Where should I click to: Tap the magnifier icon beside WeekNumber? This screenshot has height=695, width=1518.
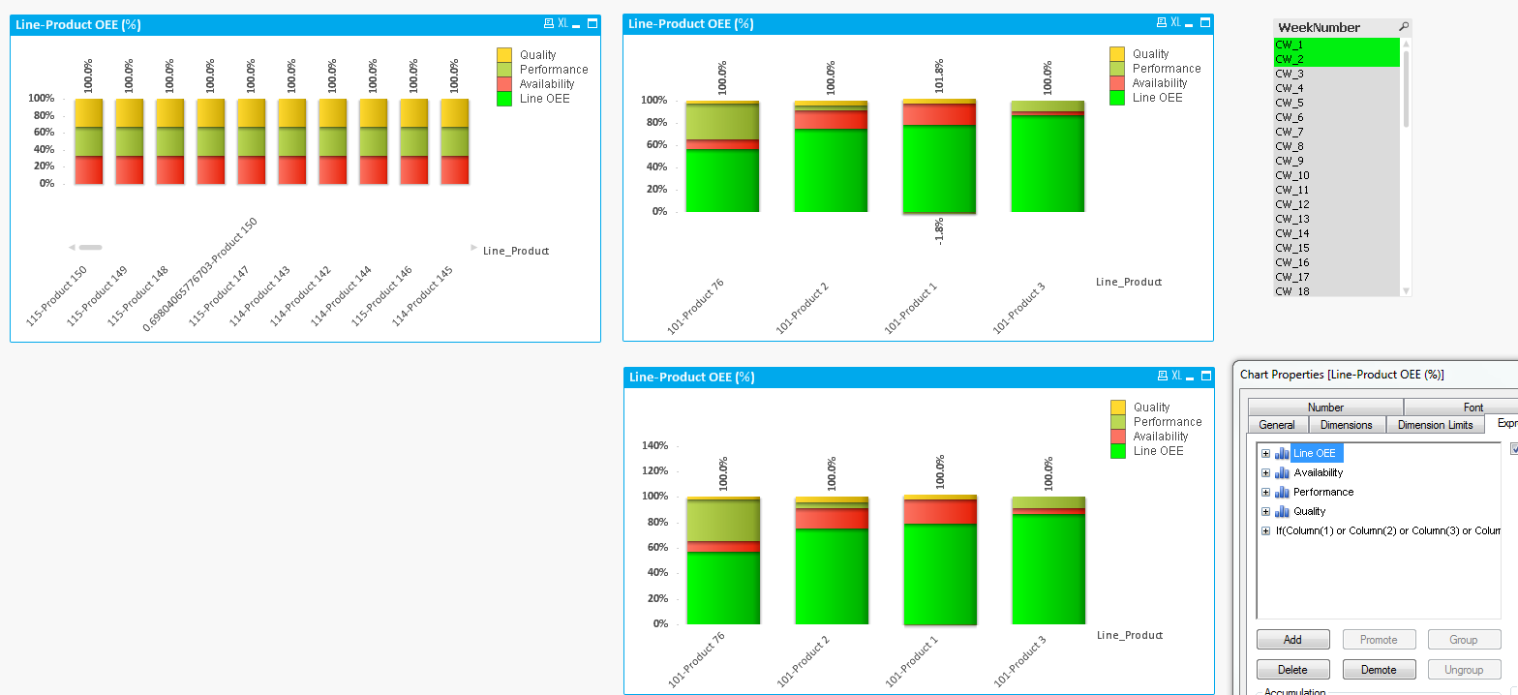click(x=1404, y=27)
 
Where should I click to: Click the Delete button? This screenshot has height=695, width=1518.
click(x=1291, y=670)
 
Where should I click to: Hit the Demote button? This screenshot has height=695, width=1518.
click(x=1379, y=670)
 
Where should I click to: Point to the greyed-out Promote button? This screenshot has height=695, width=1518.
click(x=1379, y=640)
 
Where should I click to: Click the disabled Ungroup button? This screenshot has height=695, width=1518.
click(x=1463, y=670)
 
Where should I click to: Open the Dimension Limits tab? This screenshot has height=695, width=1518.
click(x=1435, y=425)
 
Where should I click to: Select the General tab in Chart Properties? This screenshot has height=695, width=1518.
click(x=1277, y=425)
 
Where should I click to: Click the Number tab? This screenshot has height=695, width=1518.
click(x=1325, y=408)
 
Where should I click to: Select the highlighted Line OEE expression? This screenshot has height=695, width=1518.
click(x=1314, y=453)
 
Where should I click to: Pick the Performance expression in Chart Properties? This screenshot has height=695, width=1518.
click(x=1322, y=492)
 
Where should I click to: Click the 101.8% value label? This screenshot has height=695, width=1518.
click(x=939, y=76)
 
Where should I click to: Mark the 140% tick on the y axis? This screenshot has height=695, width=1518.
click(x=654, y=446)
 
